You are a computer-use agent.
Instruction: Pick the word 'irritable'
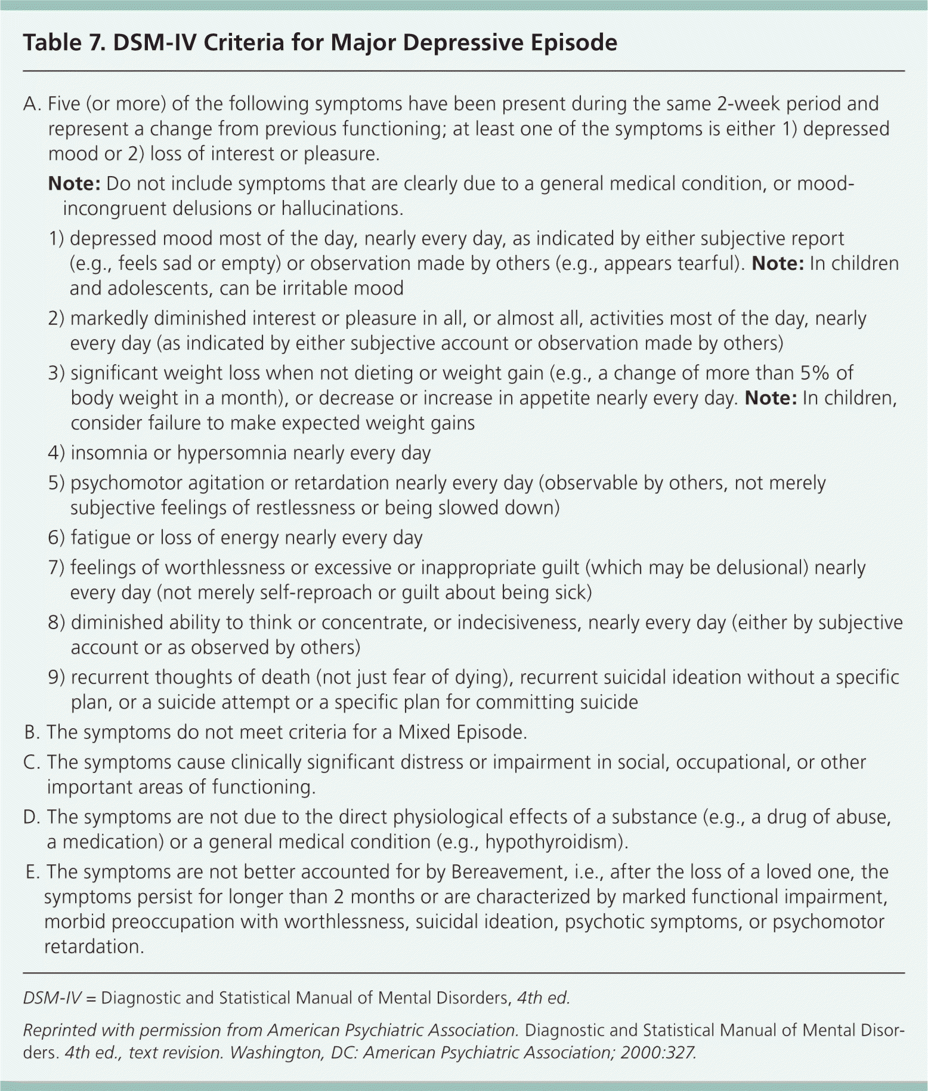pyautogui.click(x=310, y=289)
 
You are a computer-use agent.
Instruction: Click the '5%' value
pyautogui.click(x=815, y=374)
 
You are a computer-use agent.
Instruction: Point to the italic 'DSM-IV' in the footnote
pyautogui.click(x=51, y=998)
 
